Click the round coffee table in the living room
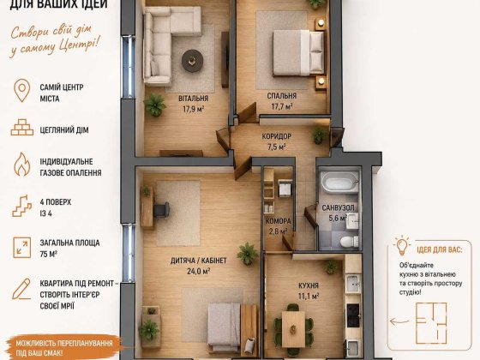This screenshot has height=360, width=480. [x=192, y=61]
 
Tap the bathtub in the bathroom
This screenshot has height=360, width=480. [x=339, y=182]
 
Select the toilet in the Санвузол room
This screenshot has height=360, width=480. [x=349, y=241]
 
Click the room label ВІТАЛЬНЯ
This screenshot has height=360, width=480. [x=193, y=99]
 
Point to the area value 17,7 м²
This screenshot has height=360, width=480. [x=282, y=106]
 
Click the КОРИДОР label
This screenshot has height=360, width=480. [x=276, y=136]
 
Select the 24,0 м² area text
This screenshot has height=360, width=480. [x=198, y=271]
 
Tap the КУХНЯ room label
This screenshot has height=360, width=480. [x=309, y=285]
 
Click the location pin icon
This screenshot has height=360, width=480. [x=22, y=91]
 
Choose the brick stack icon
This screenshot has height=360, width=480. [x=22, y=128]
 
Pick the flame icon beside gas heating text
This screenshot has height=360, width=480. [x=22, y=165]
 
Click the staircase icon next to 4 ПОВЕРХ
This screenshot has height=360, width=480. [x=22, y=206]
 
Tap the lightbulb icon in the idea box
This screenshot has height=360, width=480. [x=402, y=245]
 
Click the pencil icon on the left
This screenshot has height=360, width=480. [x=21, y=289]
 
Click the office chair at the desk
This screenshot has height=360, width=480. [x=161, y=210]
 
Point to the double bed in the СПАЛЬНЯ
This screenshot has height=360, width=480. [x=298, y=52]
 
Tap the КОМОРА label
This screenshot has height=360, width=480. [x=279, y=221]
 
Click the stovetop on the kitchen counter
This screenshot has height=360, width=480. [x=353, y=315]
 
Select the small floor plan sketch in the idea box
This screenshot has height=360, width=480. [x=431, y=322]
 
